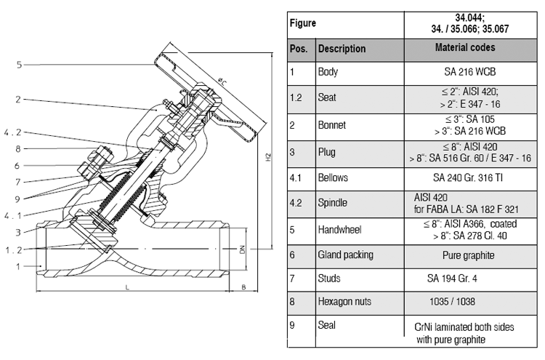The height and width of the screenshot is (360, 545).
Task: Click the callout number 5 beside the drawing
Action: tap(20, 65)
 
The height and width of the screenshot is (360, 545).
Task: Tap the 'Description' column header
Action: tap(342, 49)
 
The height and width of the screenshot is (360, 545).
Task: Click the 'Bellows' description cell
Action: tap(334, 177)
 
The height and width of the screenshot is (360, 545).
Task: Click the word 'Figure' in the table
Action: tap(304, 23)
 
